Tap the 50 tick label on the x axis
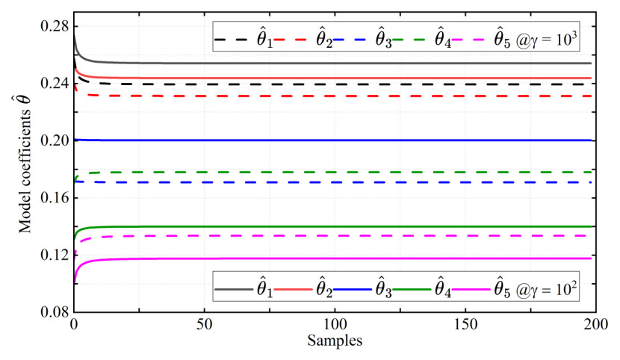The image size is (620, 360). pos(204,327)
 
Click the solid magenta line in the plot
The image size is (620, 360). pos(336,258)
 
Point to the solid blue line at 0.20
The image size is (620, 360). pos(336,140)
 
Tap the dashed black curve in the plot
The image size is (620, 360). pos(336,84)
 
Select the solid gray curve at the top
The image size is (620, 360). pos(336,63)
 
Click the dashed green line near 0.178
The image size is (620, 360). pos(336,173)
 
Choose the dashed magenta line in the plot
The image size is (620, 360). pos(336,236)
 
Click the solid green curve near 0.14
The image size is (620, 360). pos(336,226)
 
